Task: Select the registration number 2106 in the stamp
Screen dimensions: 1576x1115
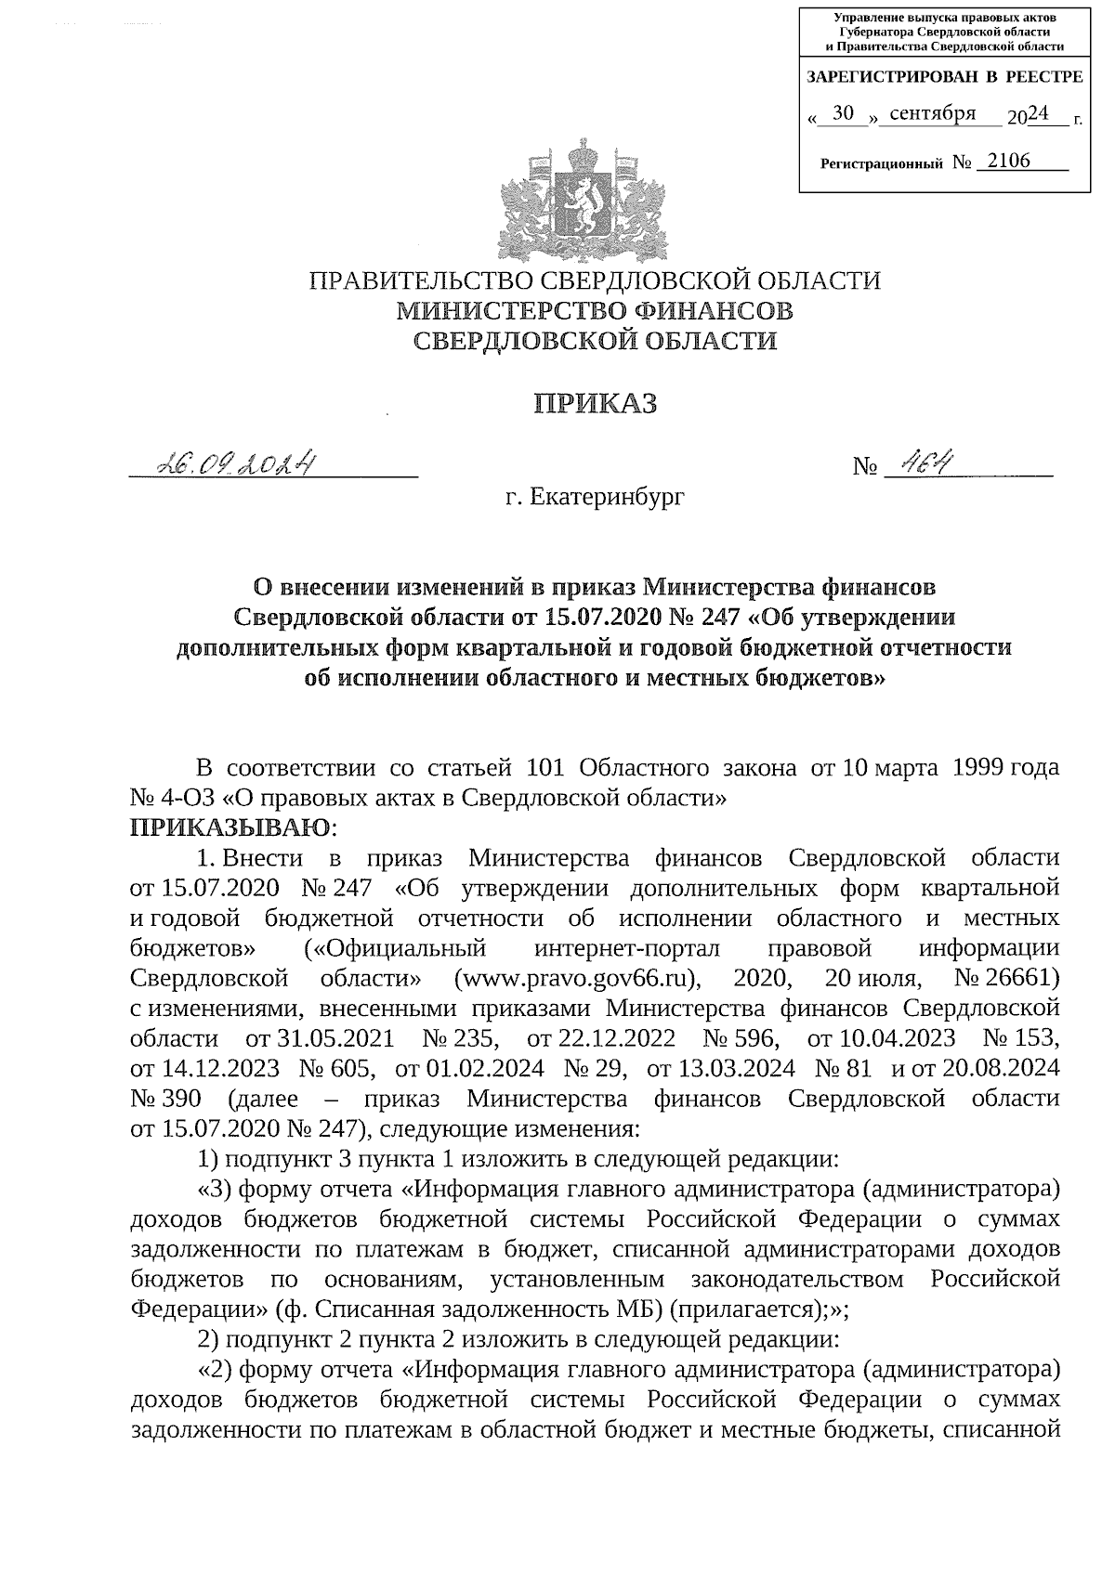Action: coord(1009,162)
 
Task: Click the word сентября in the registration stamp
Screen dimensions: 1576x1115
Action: coord(932,114)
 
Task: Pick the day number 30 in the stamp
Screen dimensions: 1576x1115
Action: coord(845,114)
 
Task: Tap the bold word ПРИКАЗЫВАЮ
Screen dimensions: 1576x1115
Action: coord(229,827)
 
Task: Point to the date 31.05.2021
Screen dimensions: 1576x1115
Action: coord(343,1039)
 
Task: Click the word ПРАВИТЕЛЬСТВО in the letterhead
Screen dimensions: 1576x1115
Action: coord(420,281)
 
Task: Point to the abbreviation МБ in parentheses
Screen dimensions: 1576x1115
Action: coord(636,1310)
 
